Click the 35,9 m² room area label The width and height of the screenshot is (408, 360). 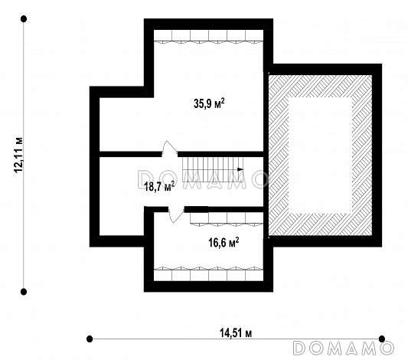209,103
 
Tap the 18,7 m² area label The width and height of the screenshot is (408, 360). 159,186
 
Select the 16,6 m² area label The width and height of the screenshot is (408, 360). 224,243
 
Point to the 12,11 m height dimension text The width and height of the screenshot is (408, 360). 18,155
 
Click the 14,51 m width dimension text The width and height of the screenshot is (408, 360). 236,333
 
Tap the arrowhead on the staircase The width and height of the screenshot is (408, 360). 240,169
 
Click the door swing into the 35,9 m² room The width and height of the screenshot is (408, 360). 169,149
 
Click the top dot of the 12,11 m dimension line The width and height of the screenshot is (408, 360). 24,18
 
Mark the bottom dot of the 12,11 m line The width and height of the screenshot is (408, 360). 24,292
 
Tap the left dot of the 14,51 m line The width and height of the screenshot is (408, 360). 90,339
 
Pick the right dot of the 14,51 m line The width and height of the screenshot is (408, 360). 382,339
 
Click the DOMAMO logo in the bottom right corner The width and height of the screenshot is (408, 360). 343,348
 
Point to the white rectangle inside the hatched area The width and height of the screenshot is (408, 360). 320,155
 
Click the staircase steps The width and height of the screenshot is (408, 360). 213,169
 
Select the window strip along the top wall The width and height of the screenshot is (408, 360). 208,36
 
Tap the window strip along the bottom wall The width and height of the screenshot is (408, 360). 208,273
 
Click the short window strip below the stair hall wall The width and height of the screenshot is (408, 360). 227,218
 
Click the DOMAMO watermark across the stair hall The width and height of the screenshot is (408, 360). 202,178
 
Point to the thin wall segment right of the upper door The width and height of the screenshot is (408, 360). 220,154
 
